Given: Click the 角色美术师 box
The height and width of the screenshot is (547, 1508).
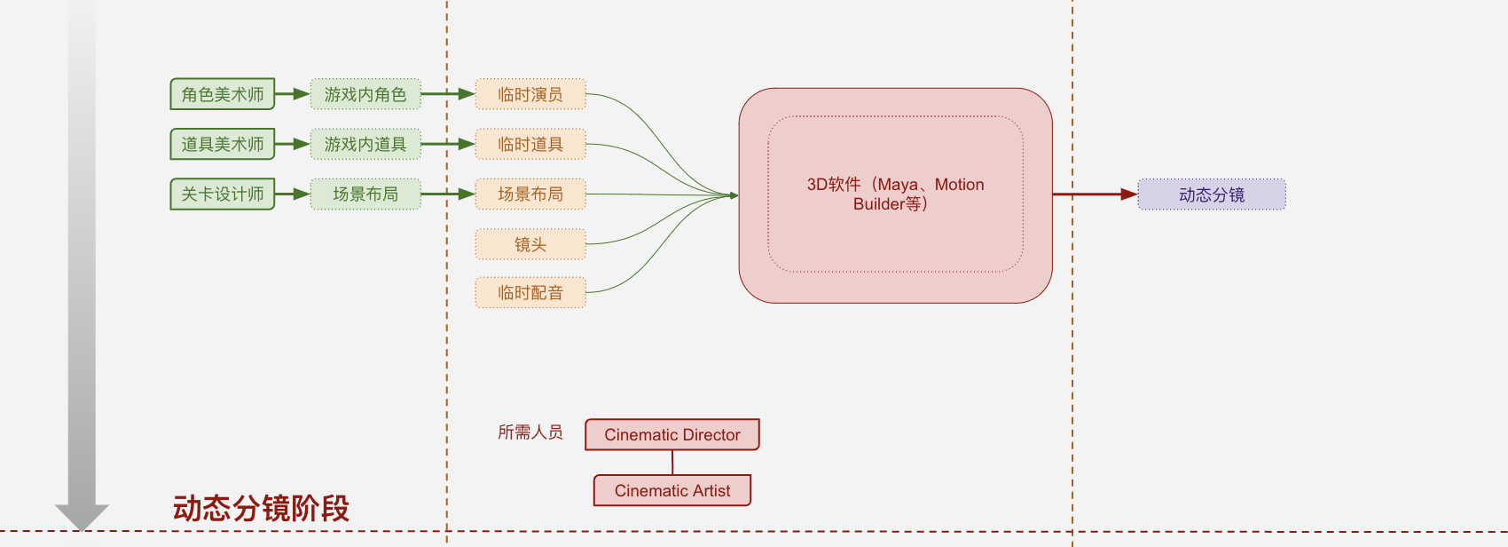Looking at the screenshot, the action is pyautogui.click(x=222, y=93).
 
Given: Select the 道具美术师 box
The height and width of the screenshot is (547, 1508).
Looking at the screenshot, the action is pyautogui.click(x=222, y=144).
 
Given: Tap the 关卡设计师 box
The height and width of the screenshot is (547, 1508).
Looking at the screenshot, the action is pyautogui.click(x=222, y=194).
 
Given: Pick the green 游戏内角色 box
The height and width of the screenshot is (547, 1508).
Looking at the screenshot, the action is pyautogui.click(x=365, y=93).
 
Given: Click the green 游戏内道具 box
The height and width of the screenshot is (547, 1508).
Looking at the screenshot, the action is pyautogui.click(x=365, y=144).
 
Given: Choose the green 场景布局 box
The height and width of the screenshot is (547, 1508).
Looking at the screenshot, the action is pyautogui.click(x=365, y=194).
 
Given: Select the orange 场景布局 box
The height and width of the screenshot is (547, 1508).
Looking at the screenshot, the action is pyautogui.click(x=530, y=194).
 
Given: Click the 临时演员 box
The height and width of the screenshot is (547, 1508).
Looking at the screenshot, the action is pyautogui.click(x=530, y=93).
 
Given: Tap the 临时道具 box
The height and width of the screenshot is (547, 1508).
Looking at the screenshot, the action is pyautogui.click(x=530, y=144).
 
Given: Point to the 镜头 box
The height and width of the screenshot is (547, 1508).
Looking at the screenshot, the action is pyautogui.click(x=530, y=244).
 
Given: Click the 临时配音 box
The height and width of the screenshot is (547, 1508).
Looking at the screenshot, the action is pyautogui.click(x=530, y=292).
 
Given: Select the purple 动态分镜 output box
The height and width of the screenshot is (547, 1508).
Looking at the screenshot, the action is pyautogui.click(x=1212, y=194).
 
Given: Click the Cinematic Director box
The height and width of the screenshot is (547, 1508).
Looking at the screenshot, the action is pyautogui.click(x=672, y=434).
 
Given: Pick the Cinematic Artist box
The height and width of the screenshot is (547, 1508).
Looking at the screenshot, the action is pyautogui.click(x=672, y=490).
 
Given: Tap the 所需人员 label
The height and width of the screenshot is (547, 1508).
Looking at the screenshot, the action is pyautogui.click(x=530, y=432).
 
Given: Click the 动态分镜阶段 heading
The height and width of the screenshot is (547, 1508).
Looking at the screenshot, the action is pyautogui.click(x=261, y=509).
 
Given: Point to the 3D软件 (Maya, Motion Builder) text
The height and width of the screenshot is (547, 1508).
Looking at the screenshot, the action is pyautogui.click(x=895, y=194).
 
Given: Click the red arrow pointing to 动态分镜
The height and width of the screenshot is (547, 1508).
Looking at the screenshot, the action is pyautogui.click(x=1096, y=194).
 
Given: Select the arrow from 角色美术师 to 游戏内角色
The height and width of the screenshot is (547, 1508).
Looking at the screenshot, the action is pyautogui.click(x=292, y=93).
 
